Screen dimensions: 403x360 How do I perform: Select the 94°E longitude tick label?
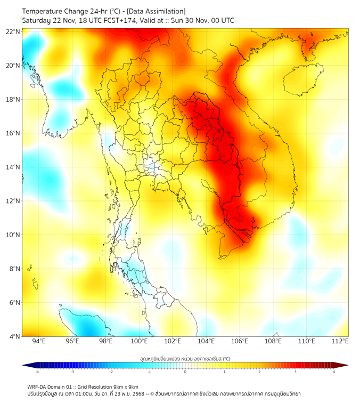(x=39, y=341)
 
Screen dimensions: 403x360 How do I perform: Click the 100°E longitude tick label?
(x=140, y=341)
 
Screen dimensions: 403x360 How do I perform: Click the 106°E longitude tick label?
(x=240, y=341)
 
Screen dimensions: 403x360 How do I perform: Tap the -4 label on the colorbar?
(x=37, y=372)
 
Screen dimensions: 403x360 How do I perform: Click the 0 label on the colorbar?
(x=185, y=372)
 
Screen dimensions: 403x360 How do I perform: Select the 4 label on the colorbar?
(x=334, y=372)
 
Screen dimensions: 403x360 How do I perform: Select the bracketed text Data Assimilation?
(x=157, y=11)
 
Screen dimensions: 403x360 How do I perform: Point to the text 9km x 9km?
(x=124, y=386)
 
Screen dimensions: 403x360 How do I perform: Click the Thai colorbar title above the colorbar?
(x=185, y=358)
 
